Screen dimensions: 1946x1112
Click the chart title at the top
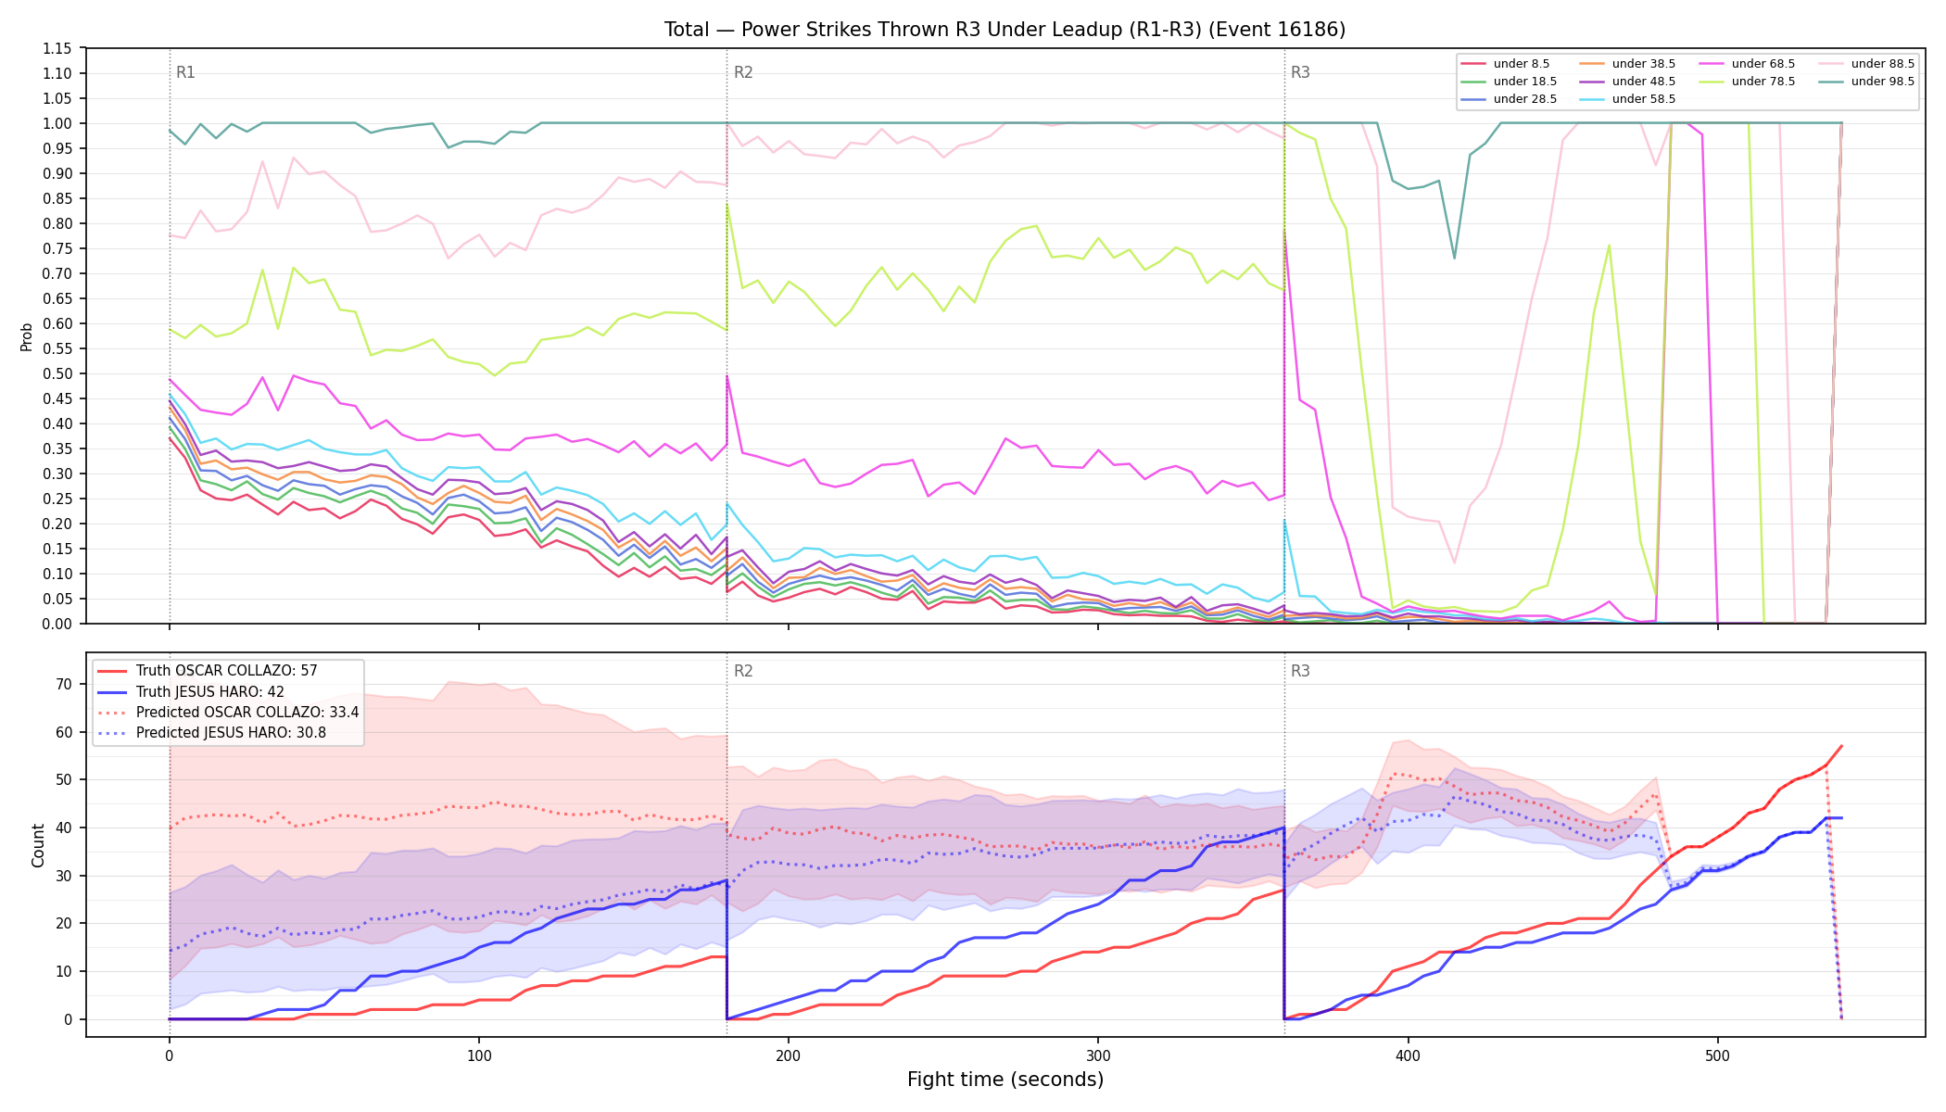coord(1005,30)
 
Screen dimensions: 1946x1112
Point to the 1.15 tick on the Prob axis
coord(58,48)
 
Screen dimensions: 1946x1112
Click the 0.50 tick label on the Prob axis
coord(58,373)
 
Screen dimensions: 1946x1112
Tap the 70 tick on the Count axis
coord(64,684)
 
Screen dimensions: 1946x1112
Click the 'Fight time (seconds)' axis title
coord(1005,1080)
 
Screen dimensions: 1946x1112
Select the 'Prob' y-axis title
coord(27,336)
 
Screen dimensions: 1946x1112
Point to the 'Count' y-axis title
coord(38,845)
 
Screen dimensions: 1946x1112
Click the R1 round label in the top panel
coord(185,72)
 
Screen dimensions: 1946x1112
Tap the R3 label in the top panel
coord(1300,72)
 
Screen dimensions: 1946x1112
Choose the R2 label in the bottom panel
coord(743,671)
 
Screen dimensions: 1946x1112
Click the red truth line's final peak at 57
coord(1841,745)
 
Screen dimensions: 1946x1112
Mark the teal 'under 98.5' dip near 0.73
coord(1454,258)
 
